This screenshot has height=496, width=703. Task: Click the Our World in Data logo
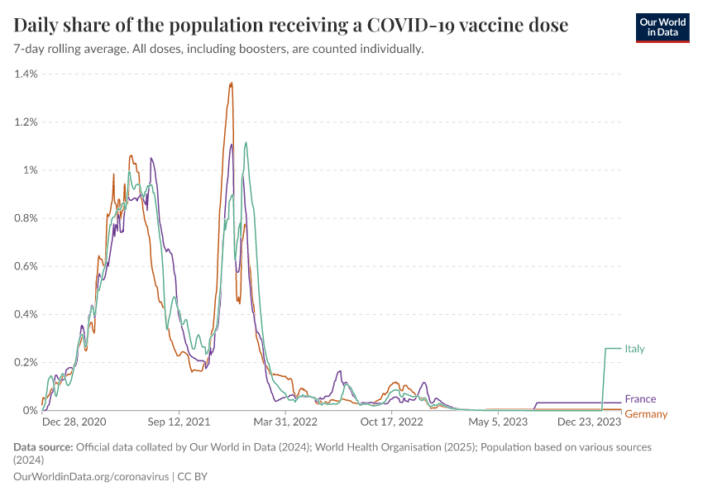[x=662, y=27]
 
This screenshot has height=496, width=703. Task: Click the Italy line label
[x=634, y=349]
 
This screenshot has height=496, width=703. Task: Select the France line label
[x=640, y=399]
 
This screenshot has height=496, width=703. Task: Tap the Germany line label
[x=645, y=414]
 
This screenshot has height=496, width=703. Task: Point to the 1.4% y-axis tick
[x=26, y=74]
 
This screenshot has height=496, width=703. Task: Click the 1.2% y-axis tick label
[x=26, y=122]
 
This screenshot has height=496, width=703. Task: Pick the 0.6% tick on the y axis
[x=26, y=266]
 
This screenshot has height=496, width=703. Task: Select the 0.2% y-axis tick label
[x=26, y=362]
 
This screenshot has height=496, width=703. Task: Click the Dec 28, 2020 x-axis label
[x=74, y=422]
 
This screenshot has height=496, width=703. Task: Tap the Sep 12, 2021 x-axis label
[x=179, y=422]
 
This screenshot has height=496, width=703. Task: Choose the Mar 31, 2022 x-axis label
[x=285, y=422]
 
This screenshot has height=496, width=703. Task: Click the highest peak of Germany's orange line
[x=232, y=83]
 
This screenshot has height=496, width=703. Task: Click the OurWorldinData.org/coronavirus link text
[x=91, y=477]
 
